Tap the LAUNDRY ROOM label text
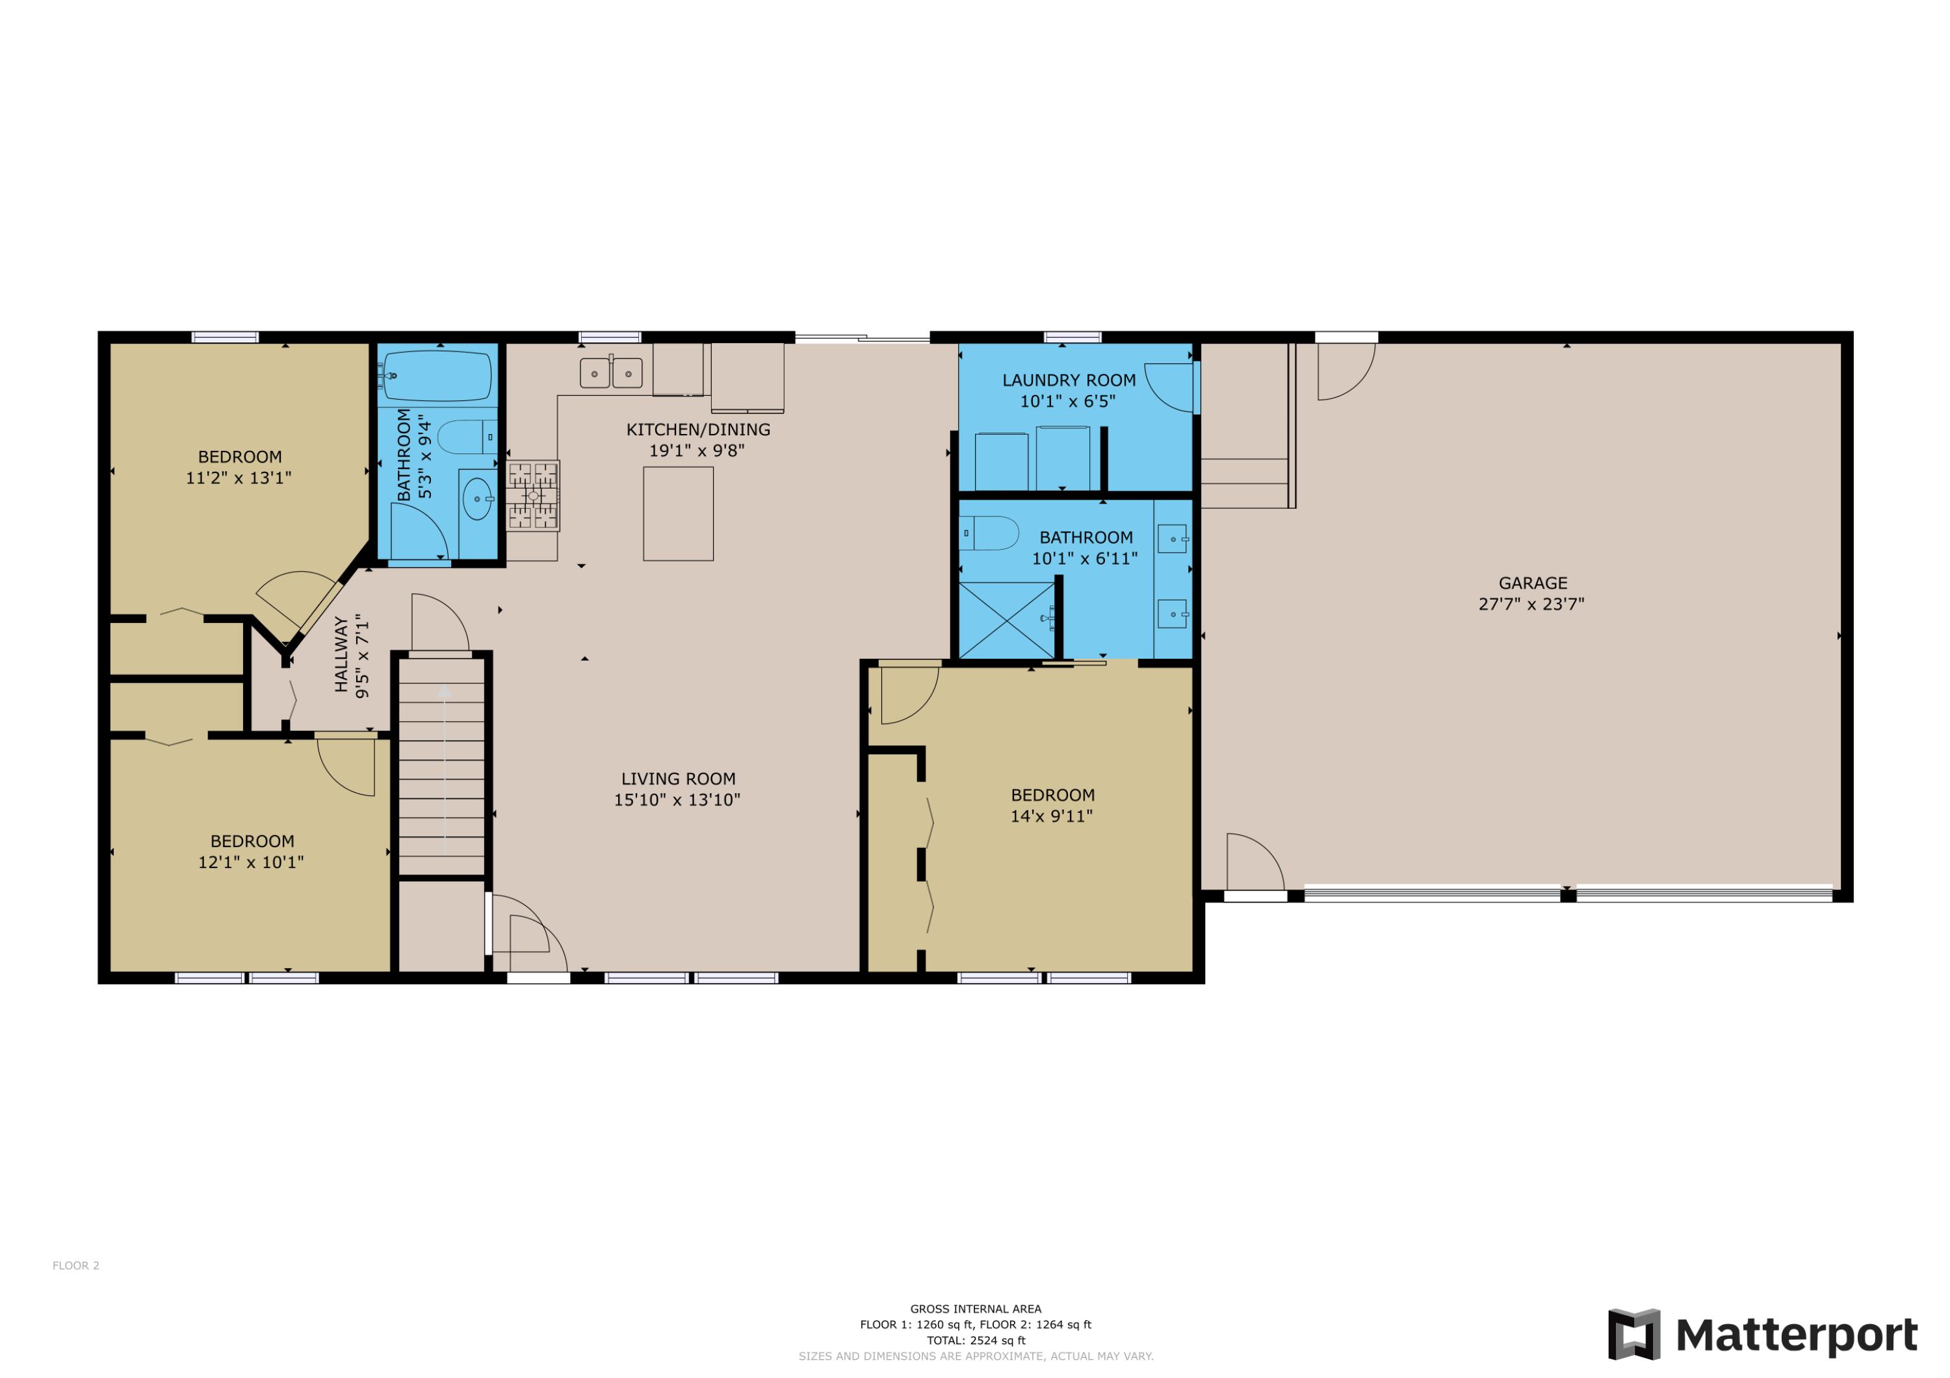pyautogui.click(x=1069, y=380)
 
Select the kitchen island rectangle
pyautogui.click(x=678, y=514)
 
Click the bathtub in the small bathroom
pyautogui.click(x=437, y=376)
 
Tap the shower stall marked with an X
pyautogui.click(x=1006, y=620)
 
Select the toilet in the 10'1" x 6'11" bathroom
pyautogui.click(x=991, y=533)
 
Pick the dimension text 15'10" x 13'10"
pyautogui.click(x=677, y=800)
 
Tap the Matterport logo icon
pyautogui.click(x=1633, y=1334)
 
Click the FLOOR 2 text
pyautogui.click(x=75, y=1265)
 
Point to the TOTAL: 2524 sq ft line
pyautogui.click(x=975, y=1340)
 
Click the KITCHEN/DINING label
pyautogui.click(x=698, y=429)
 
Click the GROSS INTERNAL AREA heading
pyautogui.click(x=975, y=1309)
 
